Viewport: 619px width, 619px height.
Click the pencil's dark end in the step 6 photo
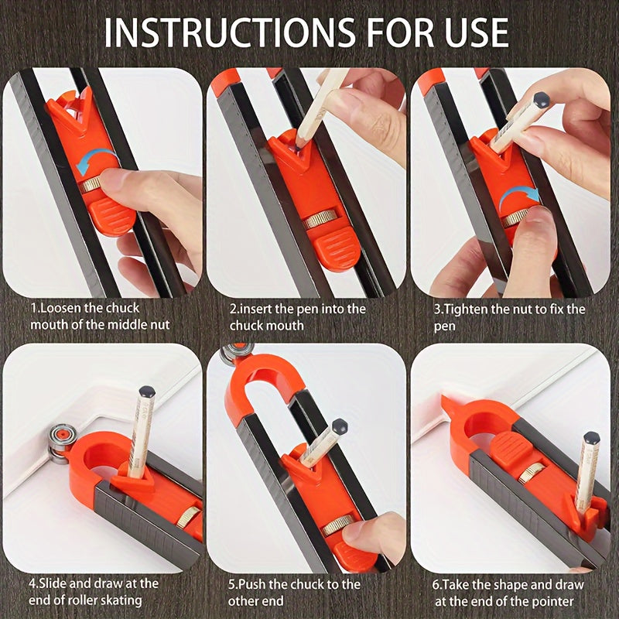click(x=591, y=439)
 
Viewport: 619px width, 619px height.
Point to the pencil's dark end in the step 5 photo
click(x=339, y=426)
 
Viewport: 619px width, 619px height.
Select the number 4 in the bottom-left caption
click(x=33, y=583)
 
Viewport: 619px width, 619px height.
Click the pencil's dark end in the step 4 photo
click(x=145, y=392)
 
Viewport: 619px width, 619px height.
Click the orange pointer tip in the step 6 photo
click(x=447, y=402)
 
